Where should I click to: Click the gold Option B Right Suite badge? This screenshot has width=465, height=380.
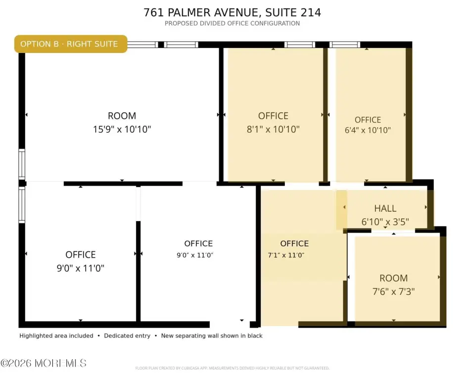point(71,44)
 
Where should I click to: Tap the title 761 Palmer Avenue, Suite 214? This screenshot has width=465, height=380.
point(232,12)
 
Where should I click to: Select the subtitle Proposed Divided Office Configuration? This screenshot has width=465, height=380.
point(232,23)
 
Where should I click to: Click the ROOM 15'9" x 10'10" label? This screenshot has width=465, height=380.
point(122,123)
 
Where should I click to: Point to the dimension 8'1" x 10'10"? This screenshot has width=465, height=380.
point(273,129)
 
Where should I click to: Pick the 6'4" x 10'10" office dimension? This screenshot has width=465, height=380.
point(368,130)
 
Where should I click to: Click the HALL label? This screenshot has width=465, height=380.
point(385,208)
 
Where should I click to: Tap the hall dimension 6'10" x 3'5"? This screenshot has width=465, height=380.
point(385,222)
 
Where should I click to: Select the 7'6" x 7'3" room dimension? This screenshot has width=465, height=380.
point(394,291)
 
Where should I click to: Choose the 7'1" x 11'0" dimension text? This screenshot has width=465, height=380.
point(286,255)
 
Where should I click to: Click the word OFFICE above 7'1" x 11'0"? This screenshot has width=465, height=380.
point(294,243)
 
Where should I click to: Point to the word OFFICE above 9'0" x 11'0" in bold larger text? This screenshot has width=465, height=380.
point(81,254)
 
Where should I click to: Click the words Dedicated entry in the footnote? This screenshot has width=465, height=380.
point(127,336)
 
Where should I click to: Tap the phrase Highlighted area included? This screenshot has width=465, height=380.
point(56,336)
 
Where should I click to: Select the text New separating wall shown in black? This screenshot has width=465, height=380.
point(212,336)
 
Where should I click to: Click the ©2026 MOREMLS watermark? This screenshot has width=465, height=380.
point(44,363)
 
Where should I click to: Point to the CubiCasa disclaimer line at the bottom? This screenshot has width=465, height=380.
point(232,368)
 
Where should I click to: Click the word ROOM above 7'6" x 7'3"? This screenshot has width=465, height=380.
point(394,278)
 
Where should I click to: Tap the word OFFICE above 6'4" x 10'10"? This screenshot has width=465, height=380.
point(368,120)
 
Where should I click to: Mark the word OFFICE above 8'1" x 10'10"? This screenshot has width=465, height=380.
point(273,116)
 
